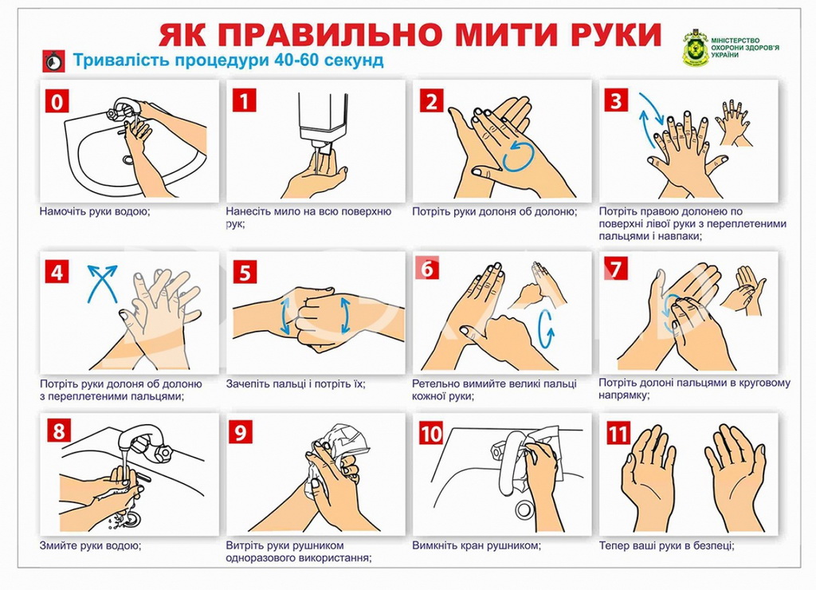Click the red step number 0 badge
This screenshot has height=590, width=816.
(57, 101)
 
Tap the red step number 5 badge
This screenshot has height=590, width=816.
(245, 273)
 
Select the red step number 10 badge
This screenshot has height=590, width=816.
(431, 433)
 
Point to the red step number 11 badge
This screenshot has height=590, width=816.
(618, 433)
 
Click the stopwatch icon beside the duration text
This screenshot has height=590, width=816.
(53, 61)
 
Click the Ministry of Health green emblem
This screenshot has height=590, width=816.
(696, 48)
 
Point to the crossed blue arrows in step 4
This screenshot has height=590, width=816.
(102, 284)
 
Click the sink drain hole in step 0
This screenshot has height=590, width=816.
(128, 159)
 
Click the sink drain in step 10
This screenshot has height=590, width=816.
(524, 509)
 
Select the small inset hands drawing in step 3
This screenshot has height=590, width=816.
(734, 124)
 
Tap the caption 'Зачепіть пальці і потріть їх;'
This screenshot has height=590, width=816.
(296, 383)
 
